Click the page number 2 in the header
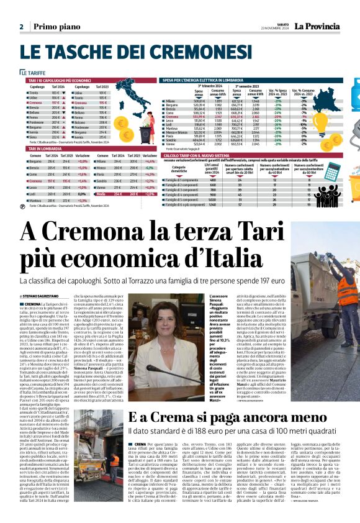coord(21,27)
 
